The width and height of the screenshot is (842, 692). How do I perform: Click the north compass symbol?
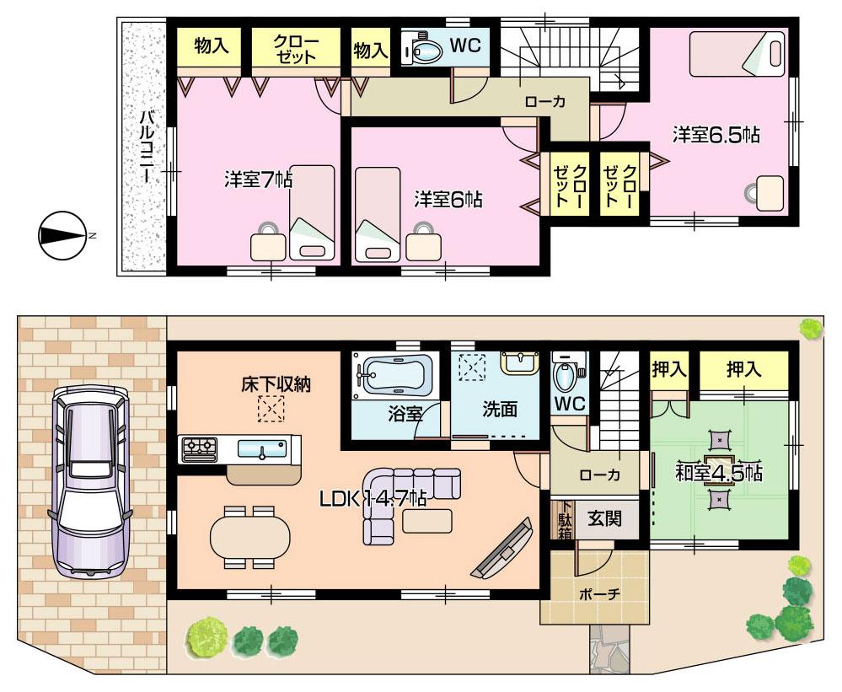click(x=62, y=235)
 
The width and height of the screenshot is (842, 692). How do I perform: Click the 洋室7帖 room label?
click(x=258, y=179)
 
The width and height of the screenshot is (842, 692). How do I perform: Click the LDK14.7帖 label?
click(x=372, y=498)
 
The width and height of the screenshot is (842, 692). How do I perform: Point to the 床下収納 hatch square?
click(x=271, y=410)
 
